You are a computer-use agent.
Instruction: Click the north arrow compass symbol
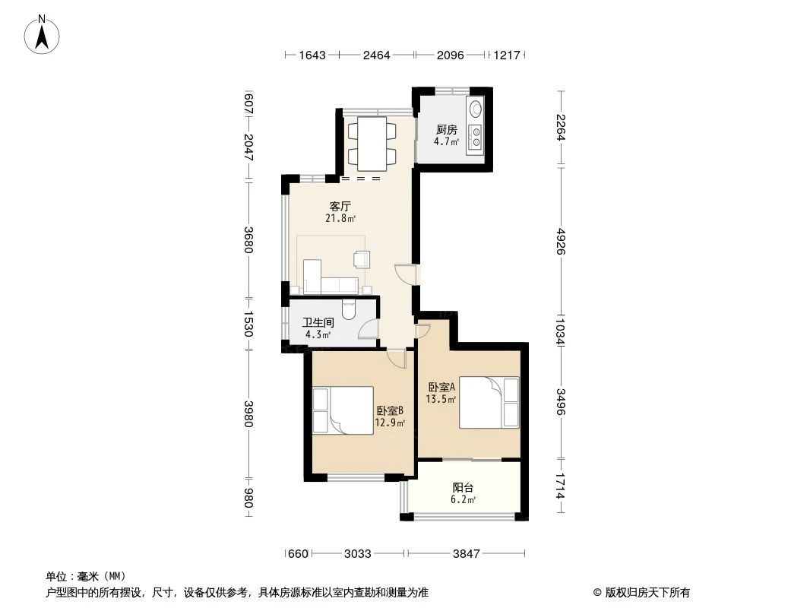click(x=43, y=33)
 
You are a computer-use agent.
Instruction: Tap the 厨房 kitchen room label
click(x=446, y=129)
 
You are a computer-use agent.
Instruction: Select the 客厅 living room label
click(x=339, y=206)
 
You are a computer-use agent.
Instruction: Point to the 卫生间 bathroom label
click(x=318, y=322)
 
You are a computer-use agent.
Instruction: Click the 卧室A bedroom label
click(x=441, y=386)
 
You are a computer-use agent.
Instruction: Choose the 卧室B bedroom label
click(x=389, y=410)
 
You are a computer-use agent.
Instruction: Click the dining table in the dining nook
click(x=372, y=144)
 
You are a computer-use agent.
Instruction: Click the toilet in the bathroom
click(x=350, y=309)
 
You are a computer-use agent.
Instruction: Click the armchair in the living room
click(x=362, y=259)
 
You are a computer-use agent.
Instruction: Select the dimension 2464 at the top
click(x=376, y=55)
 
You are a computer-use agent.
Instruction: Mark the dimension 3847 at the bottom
click(x=466, y=554)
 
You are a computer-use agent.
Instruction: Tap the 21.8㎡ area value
click(x=340, y=218)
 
